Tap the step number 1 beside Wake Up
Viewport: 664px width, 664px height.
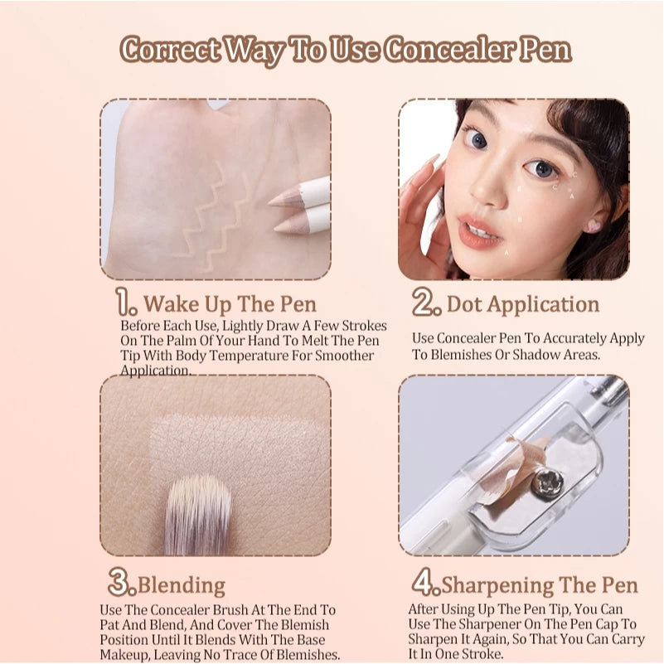(124, 303)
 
